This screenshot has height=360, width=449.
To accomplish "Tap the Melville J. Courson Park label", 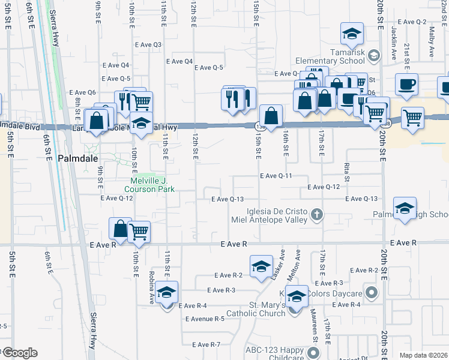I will click(153, 185).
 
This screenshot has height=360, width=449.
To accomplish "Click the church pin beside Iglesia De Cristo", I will click(318, 214).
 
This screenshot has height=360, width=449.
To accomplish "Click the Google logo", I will click(19, 353).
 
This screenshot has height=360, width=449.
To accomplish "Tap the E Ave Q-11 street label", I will click(276, 176).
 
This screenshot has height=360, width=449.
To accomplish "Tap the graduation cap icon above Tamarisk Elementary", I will click(352, 34).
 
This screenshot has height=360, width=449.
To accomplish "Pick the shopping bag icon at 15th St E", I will click(271, 115).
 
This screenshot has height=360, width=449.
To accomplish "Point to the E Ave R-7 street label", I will click(206, 344).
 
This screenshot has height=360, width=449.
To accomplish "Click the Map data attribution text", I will click(423, 355).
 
